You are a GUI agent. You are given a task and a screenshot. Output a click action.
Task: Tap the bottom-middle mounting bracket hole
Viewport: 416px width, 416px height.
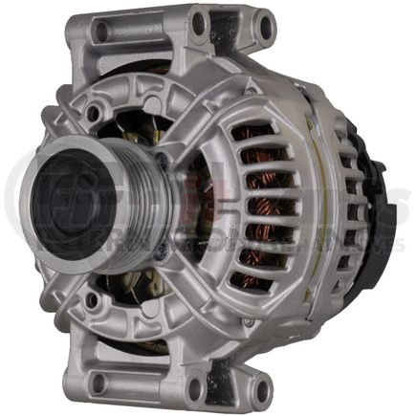tap(197, 388)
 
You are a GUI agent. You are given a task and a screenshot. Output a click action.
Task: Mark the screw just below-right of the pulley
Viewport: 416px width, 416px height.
tap(161, 250)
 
